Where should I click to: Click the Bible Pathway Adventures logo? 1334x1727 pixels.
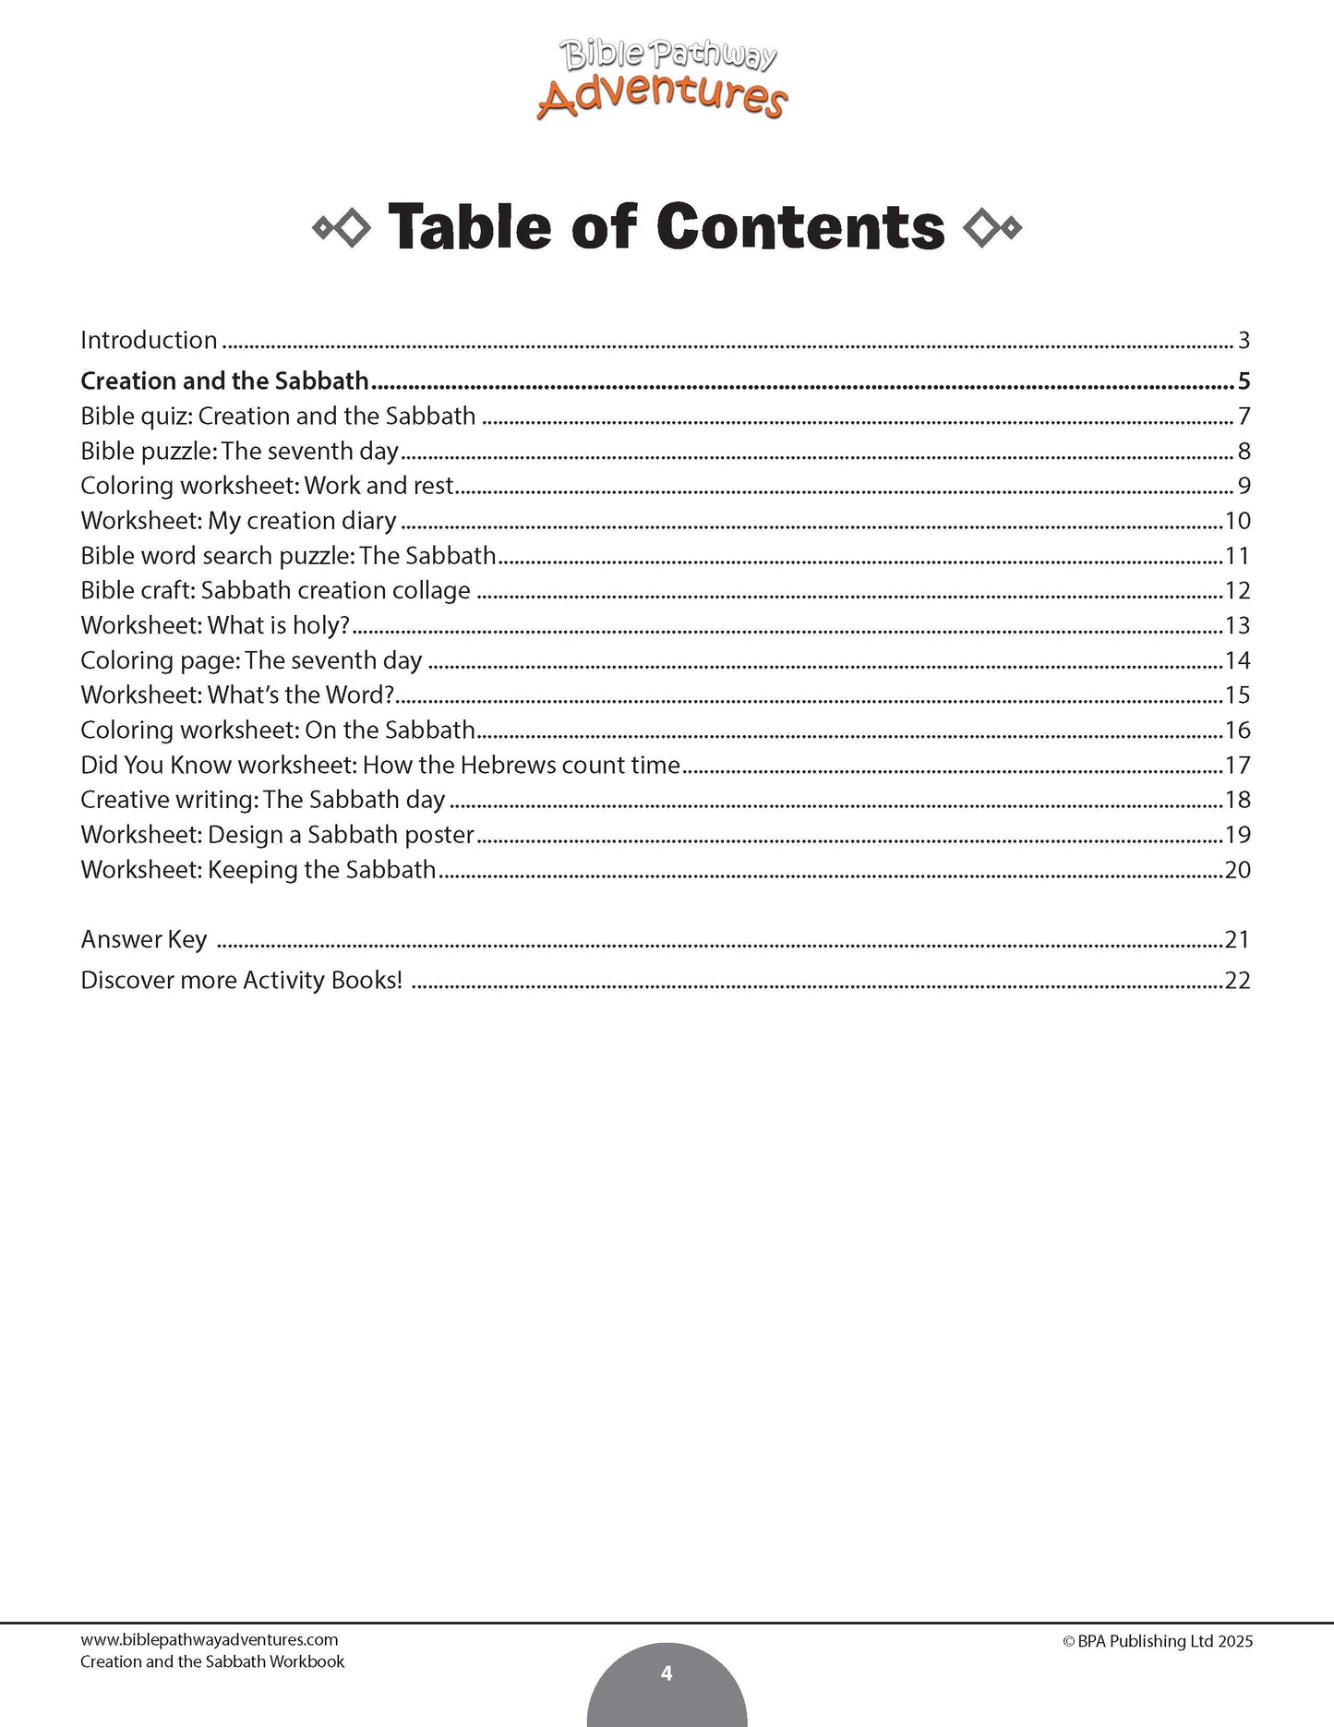tap(662, 81)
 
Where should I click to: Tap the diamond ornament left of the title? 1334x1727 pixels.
tap(343, 228)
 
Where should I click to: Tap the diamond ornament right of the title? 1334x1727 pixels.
tap(991, 228)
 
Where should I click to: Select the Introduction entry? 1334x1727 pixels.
tap(149, 340)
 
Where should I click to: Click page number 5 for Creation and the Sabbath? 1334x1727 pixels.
tap(1244, 380)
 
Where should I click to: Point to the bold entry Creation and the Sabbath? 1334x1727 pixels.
tap(224, 380)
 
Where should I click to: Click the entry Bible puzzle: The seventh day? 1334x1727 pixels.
tap(239, 451)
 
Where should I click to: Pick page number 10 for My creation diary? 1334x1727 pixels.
tap(1237, 521)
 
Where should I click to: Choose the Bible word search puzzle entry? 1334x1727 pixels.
tap(288, 556)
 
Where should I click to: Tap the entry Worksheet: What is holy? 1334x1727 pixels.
tap(215, 625)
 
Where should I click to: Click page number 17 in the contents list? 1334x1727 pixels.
tap(1237, 766)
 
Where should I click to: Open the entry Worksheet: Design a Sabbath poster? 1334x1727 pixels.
tap(277, 835)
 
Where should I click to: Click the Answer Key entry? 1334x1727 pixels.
tap(143, 939)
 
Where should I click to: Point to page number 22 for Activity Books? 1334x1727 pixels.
tap(1237, 980)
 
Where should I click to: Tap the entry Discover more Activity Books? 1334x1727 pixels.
tap(241, 980)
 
